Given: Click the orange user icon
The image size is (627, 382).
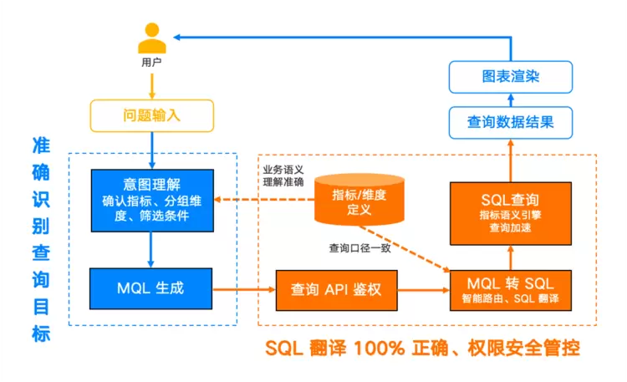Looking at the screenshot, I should click(151, 38).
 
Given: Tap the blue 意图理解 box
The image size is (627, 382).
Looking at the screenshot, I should click(151, 200).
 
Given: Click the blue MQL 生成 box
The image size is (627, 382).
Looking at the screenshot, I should click(151, 289).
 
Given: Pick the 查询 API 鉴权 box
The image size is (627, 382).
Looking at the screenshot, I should click(336, 290).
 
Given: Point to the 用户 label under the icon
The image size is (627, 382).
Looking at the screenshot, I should click(151, 63).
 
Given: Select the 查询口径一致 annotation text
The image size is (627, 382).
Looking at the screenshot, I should click(359, 248).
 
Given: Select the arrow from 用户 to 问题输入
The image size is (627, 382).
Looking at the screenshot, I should click(151, 84).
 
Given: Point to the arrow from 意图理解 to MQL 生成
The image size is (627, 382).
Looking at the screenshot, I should click(151, 248).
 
